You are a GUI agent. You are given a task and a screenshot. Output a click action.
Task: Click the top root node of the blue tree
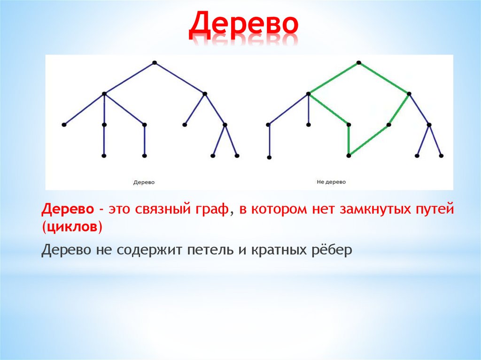coord(154,62)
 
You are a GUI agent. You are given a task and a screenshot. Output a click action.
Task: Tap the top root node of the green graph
coord(358,62)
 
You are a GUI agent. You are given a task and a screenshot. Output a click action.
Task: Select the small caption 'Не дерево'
coord(331,182)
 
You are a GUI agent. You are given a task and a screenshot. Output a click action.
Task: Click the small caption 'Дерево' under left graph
coord(144,182)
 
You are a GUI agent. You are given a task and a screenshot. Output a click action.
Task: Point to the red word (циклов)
coord(72,227)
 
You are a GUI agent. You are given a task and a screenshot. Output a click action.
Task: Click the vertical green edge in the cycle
coord(349,140)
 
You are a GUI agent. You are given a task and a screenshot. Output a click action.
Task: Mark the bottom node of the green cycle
coord(349,155)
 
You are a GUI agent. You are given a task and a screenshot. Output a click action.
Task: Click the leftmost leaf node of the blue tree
coord(64,124)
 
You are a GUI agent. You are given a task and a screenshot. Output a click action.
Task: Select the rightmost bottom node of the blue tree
coord(237,155)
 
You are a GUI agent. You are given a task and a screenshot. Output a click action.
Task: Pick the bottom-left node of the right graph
coord(269,157)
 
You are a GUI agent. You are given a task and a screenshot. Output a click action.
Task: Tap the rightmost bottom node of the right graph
coord(441,155)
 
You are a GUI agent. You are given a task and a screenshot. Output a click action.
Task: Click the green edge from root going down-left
coord(334,78)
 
